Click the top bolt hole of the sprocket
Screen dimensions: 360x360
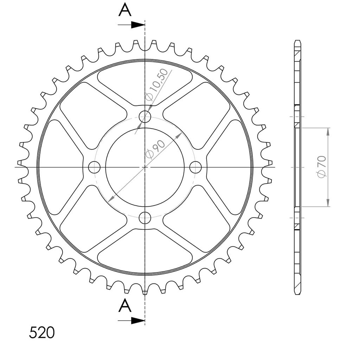coord(145,116)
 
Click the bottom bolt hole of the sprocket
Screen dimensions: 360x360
coord(145,218)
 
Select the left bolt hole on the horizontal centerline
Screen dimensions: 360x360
coord(94,167)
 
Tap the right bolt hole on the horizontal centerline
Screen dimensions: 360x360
coord(195,167)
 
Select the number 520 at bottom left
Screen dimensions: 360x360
coord(42,333)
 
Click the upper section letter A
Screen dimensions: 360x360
coord(125,10)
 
